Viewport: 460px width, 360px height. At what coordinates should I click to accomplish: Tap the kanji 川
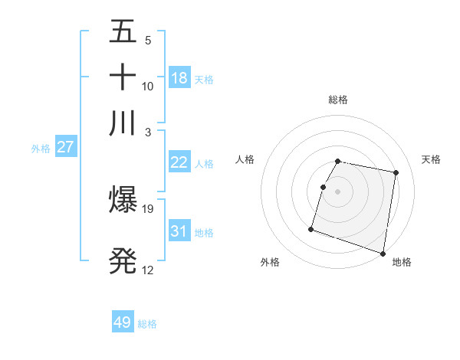tap(123, 123)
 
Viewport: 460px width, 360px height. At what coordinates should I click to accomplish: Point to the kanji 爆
tap(123, 200)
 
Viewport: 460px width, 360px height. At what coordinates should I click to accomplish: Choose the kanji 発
tap(123, 261)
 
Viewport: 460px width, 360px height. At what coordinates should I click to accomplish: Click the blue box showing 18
tap(179, 77)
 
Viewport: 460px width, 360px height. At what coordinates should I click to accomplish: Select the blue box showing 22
tap(179, 162)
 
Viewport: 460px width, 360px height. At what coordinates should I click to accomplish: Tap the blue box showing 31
tap(179, 231)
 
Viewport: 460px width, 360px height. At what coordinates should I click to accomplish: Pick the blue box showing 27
tap(65, 146)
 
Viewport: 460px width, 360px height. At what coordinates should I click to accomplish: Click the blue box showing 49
tap(123, 322)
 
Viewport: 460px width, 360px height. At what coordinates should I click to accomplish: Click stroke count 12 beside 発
tap(148, 270)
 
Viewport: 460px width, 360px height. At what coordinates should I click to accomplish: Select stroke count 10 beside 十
tap(148, 87)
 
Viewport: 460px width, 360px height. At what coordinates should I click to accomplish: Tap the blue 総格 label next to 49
tap(147, 324)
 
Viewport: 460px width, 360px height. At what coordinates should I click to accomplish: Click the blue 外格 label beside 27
tap(41, 149)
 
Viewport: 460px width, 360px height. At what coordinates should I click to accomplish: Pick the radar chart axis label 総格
tap(338, 100)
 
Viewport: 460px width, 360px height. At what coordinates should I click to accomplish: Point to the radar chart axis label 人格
tap(245, 159)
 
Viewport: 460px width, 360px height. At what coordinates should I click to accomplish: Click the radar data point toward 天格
tap(396, 173)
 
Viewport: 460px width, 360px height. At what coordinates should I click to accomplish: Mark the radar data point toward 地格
tap(382, 253)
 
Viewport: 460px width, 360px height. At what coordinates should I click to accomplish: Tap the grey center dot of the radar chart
tap(338, 191)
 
